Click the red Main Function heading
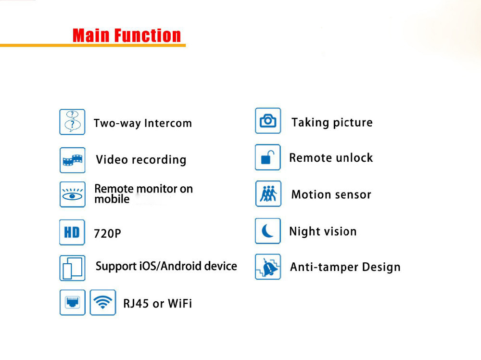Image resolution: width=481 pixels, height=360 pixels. (x=127, y=35)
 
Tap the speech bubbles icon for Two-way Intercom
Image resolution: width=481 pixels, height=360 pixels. (x=72, y=122)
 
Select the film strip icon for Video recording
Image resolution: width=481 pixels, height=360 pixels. (x=73, y=160)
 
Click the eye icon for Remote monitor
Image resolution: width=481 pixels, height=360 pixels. (x=73, y=194)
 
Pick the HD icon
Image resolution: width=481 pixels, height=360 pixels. (x=72, y=232)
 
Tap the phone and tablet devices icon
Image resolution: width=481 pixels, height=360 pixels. (x=73, y=268)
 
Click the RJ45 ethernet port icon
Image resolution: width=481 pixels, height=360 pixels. (x=73, y=302)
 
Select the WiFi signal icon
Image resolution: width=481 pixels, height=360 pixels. (x=103, y=302)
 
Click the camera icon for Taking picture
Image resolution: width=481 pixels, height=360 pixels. (x=268, y=121)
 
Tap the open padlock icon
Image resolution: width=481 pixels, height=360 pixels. (x=268, y=157)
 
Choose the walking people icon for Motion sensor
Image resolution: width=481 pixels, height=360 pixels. (x=268, y=193)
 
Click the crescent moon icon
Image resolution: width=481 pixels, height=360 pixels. (x=268, y=231)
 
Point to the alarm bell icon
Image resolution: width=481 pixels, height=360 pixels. (x=268, y=267)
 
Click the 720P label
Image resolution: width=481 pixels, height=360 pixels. (x=107, y=233)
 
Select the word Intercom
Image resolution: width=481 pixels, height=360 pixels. (x=168, y=123)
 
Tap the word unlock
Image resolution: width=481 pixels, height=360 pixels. (x=354, y=158)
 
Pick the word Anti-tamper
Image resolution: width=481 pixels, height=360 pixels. (x=324, y=267)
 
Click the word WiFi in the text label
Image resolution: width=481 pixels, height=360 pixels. (x=180, y=304)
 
